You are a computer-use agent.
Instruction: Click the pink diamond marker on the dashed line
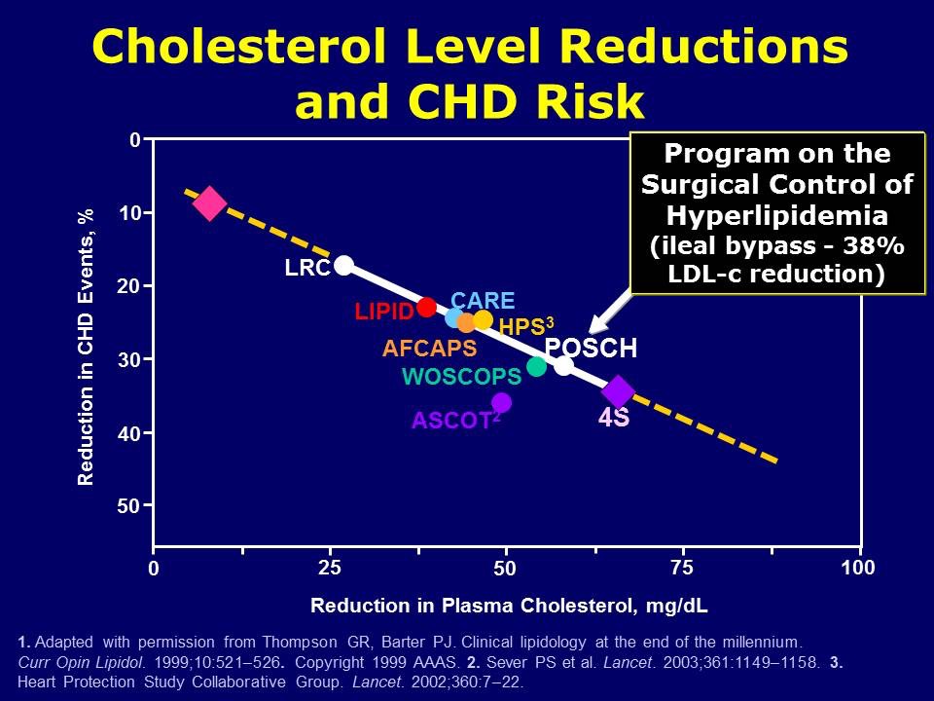click(210, 203)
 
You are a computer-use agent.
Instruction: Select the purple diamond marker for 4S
click(618, 391)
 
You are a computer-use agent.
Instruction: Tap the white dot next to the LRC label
click(343, 265)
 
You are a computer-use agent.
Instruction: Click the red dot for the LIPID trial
click(426, 308)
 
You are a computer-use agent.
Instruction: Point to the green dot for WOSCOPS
click(536, 366)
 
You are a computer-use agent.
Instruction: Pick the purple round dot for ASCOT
click(501, 402)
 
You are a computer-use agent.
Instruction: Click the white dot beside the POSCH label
click(563, 365)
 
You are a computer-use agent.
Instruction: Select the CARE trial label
click(483, 301)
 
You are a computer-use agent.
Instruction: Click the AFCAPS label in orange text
click(429, 348)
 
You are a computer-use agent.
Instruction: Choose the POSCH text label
click(591, 349)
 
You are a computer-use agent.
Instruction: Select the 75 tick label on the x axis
click(682, 568)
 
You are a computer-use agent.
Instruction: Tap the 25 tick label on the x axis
click(330, 568)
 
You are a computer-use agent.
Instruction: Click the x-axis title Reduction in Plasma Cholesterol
click(509, 606)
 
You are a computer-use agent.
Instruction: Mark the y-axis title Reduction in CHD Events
click(86, 347)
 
